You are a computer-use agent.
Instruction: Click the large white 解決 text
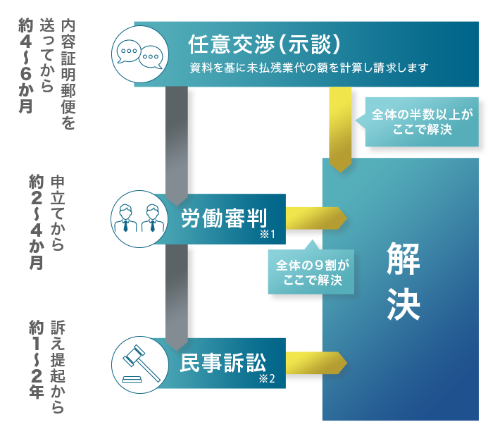[x=403, y=278]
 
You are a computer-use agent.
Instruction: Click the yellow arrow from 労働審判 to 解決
[x=315, y=217]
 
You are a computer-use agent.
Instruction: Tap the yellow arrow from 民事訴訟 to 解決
[x=315, y=363]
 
